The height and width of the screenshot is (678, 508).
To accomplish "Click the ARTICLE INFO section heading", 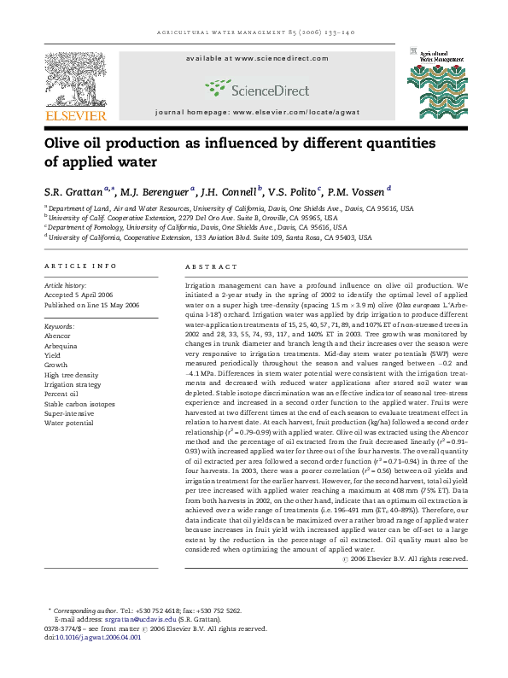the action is [x=80, y=266].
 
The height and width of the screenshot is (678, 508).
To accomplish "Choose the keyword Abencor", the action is [x=58, y=336].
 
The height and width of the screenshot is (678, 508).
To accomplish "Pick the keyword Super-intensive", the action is [x=67, y=412].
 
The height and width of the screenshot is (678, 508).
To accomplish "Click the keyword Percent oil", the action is [x=62, y=394].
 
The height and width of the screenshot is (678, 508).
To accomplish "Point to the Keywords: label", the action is [x=59, y=326].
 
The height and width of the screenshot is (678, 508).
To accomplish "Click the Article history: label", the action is [x=65, y=285].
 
